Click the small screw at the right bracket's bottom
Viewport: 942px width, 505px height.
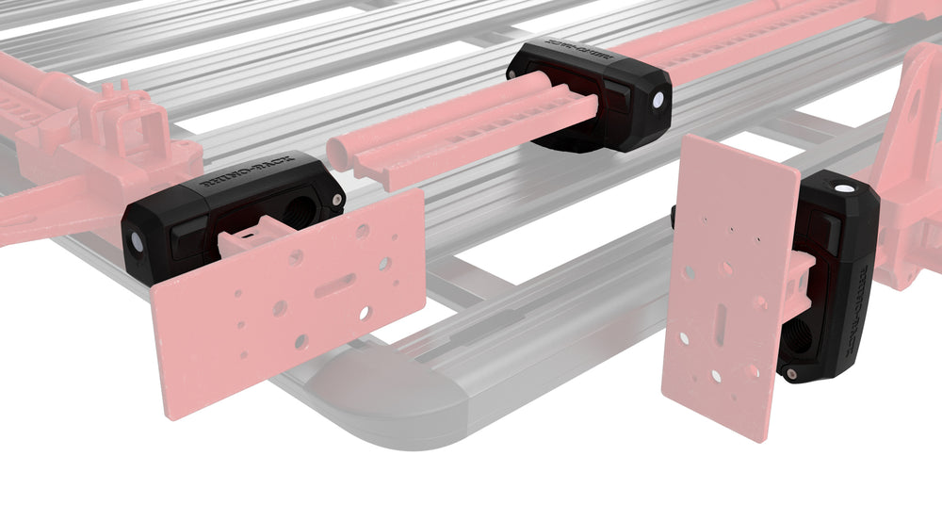pyautogui.click(x=791, y=375)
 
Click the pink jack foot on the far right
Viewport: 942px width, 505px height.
pyautogui.click(x=909, y=170)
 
